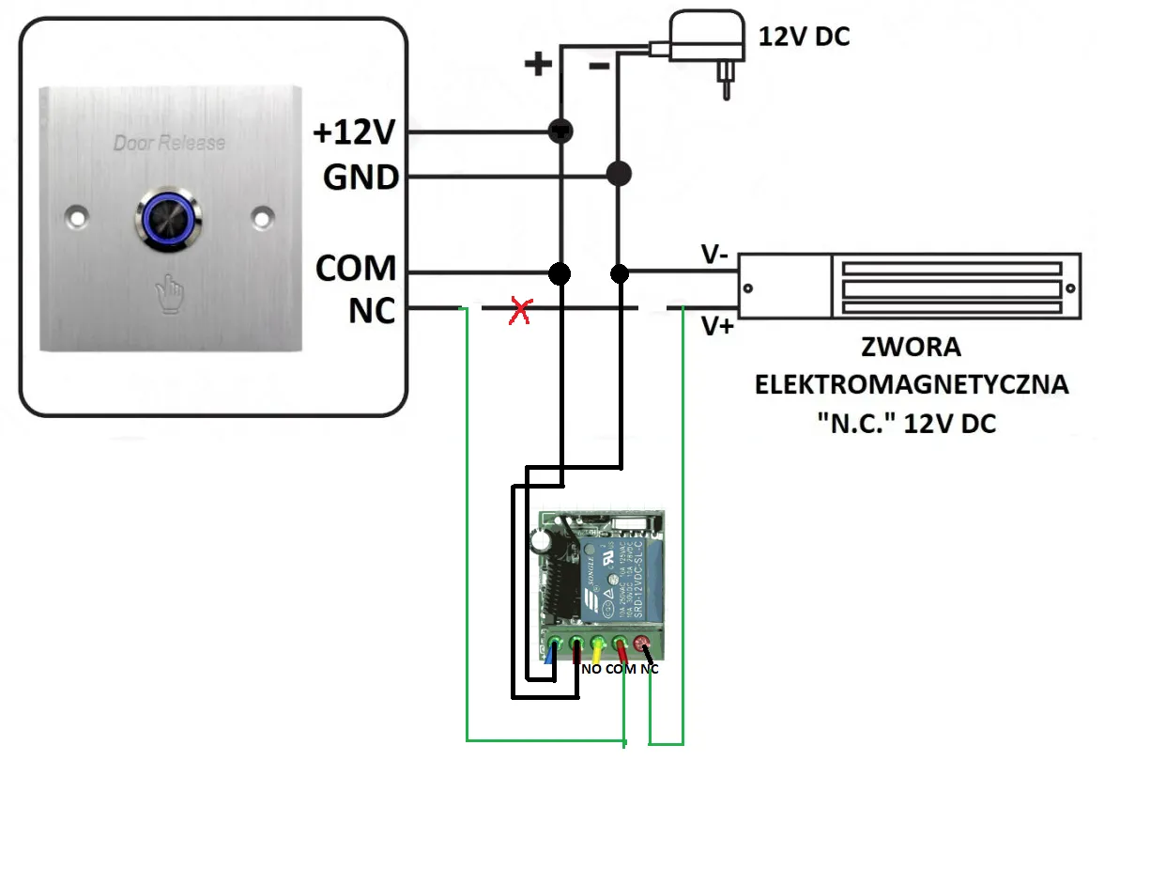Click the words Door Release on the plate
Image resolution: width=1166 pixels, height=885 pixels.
[169, 143]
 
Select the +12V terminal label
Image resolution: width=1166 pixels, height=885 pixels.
[356, 134]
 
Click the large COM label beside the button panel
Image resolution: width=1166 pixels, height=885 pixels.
[356, 269]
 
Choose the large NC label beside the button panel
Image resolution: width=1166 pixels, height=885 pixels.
[372, 311]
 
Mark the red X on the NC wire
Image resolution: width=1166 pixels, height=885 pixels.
[518, 312]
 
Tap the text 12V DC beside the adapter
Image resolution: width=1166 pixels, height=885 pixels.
[804, 37]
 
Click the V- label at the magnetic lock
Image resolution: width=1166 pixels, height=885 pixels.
[715, 255]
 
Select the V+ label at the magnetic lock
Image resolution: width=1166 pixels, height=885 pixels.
[717, 327]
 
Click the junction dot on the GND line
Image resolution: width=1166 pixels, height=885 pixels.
[618, 174]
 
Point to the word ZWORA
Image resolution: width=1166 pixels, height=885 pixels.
[912, 348]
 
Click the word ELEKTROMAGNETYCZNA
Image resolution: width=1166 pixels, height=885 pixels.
[912, 385]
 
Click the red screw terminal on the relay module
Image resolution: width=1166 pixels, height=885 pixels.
[643, 644]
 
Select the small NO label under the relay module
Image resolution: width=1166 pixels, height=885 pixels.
[591, 670]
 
